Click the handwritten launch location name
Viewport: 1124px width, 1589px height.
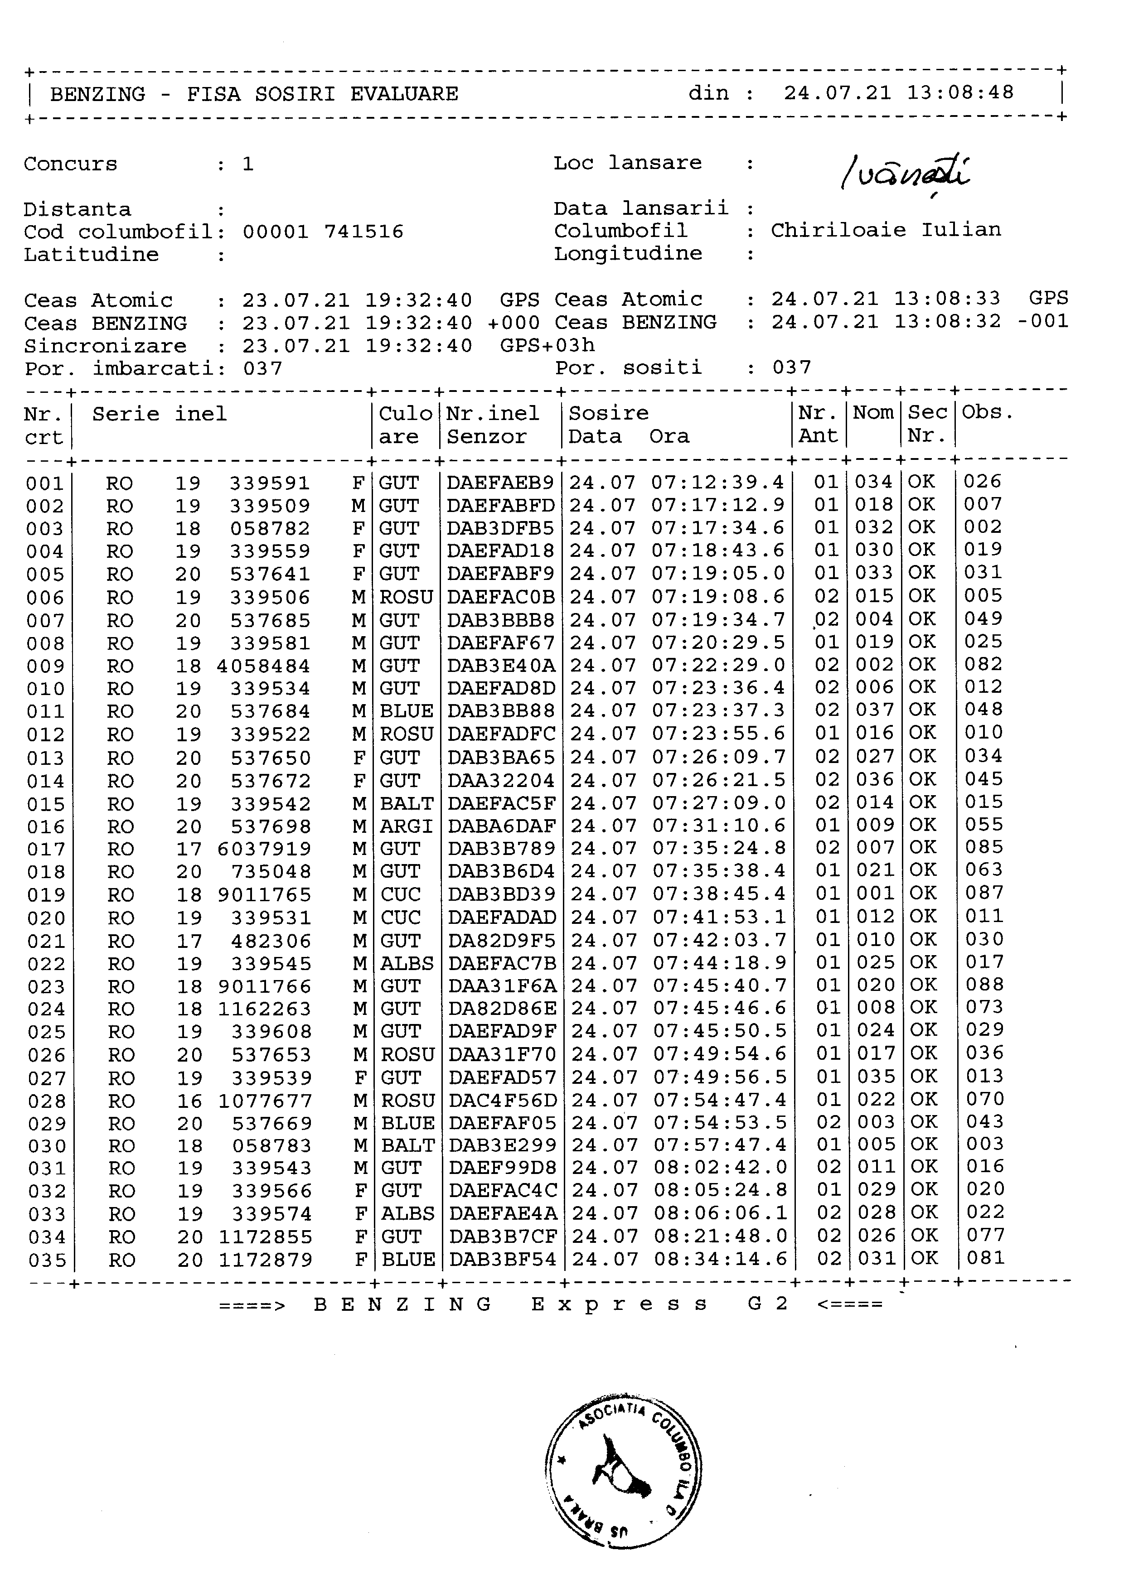click(x=905, y=173)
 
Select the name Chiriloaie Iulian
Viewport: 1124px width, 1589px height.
click(x=886, y=231)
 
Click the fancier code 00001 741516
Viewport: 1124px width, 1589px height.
click(x=323, y=232)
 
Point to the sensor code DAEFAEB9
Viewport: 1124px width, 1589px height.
click(x=500, y=483)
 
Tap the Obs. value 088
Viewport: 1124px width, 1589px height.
click(x=984, y=985)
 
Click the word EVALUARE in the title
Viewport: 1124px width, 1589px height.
click(x=404, y=94)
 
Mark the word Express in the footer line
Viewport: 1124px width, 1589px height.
click(x=620, y=1304)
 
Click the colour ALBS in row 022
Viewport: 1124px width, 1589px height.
click(x=407, y=963)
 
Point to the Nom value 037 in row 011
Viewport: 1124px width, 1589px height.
click(x=875, y=710)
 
